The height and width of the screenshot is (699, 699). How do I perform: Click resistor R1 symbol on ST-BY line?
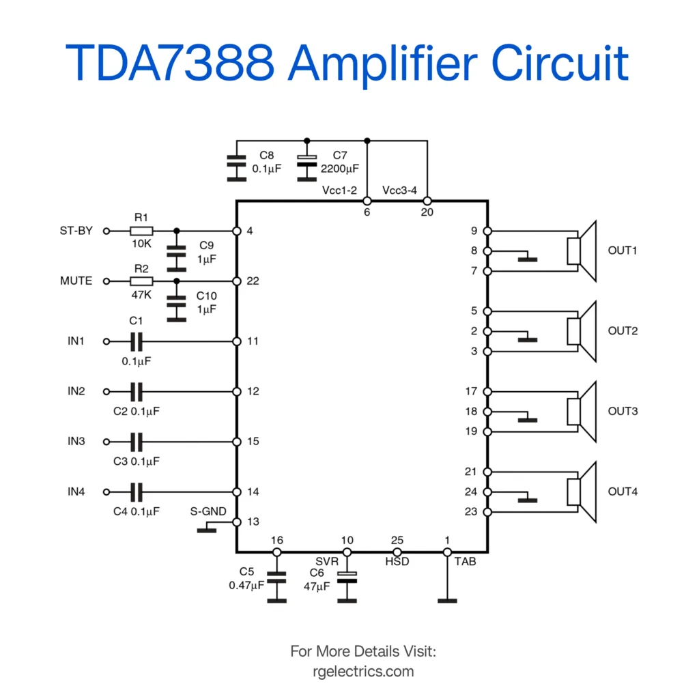pyautogui.click(x=141, y=231)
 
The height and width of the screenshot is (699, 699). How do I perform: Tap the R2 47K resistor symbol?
pyautogui.click(x=141, y=281)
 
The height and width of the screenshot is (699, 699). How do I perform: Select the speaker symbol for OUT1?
pyautogui.click(x=582, y=251)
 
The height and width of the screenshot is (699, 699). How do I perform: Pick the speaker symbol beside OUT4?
pyautogui.click(x=582, y=491)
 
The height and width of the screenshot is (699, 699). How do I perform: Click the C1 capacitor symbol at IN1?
pyautogui.click(x=137, y=341)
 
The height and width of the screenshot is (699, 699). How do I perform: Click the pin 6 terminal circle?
pyautogui.click(x=367, y=201)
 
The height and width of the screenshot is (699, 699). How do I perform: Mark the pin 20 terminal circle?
pyautogui.click(x=427, y=201)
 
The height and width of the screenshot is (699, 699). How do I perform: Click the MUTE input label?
pyautogui.click(x=76, y=281)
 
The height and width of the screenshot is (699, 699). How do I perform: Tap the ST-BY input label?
pyautogui.click(x=76, y=231)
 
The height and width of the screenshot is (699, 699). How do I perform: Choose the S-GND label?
pyautogui.click(x=209, y=511)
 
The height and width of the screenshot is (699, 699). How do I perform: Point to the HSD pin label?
pyautogui.click(x=397, y=562)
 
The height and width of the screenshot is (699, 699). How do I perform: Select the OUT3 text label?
pyautogui.click(x=623, y=412)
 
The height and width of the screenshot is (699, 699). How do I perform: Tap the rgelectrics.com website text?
pyautogui.click(x=362, y=671)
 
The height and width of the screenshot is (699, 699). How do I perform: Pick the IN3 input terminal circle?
pyautogui.click(x=106, y=442)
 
